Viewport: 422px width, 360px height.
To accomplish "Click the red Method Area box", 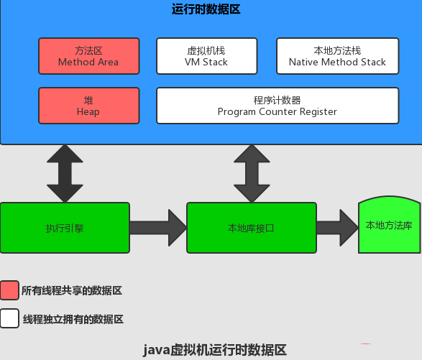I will pos(88,57).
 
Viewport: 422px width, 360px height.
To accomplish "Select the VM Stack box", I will pos(206,57).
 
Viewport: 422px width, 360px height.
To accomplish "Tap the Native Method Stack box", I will pos(337,57).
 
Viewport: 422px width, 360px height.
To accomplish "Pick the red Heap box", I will pos(88,106).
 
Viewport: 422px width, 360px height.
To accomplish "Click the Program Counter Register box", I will pos(277,106).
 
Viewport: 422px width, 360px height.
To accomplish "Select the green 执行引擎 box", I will pos(65,228).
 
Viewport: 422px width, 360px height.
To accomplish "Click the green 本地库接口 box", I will pos(251,228).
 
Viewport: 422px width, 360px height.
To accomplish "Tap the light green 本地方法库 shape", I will pos(389,226).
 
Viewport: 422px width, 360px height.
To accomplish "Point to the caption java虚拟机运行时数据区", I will pos(215,350).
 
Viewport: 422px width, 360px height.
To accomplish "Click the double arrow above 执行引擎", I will pos(65,173).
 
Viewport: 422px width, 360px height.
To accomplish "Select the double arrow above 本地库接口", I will pos(251,173).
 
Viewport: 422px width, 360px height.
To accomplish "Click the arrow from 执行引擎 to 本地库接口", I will pos(158,228).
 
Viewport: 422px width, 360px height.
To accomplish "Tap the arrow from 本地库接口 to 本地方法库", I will pos(337,228).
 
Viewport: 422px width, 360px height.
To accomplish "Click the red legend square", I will pos(9,290).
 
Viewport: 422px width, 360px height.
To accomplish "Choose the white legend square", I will pos(9,318).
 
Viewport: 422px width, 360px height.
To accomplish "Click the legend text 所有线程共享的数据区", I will pos(72,291).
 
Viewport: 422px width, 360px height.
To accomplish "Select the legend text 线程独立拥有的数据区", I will pos(72,319).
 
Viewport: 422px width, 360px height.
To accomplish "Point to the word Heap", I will pos(88,111).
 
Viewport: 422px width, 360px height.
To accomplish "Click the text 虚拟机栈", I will pos(206,51).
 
